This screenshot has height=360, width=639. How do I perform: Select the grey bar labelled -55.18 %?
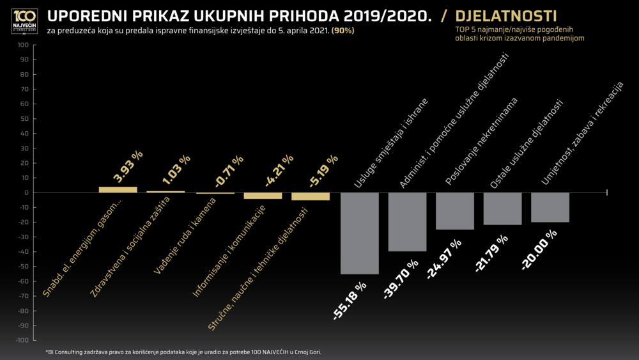(360, 233)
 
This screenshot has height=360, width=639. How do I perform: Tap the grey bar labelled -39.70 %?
(407, 222)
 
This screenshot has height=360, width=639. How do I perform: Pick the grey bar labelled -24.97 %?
(455, 211)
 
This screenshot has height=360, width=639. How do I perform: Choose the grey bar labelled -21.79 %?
(502, 208)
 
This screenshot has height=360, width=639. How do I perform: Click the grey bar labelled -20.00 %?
(550, 207)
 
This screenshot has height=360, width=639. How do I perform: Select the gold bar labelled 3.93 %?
(118, 189)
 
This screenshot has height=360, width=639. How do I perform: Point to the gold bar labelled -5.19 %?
(311, 196)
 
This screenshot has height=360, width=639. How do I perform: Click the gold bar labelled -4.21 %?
(263, 196)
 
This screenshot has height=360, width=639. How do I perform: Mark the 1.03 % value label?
(176, 171)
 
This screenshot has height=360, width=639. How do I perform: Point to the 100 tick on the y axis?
(24, 45)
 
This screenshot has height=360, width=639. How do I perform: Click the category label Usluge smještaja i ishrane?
(391, 144)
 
